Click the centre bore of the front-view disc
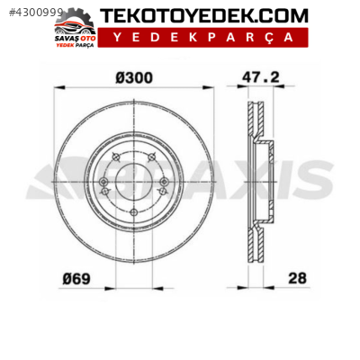coord(133,184)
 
